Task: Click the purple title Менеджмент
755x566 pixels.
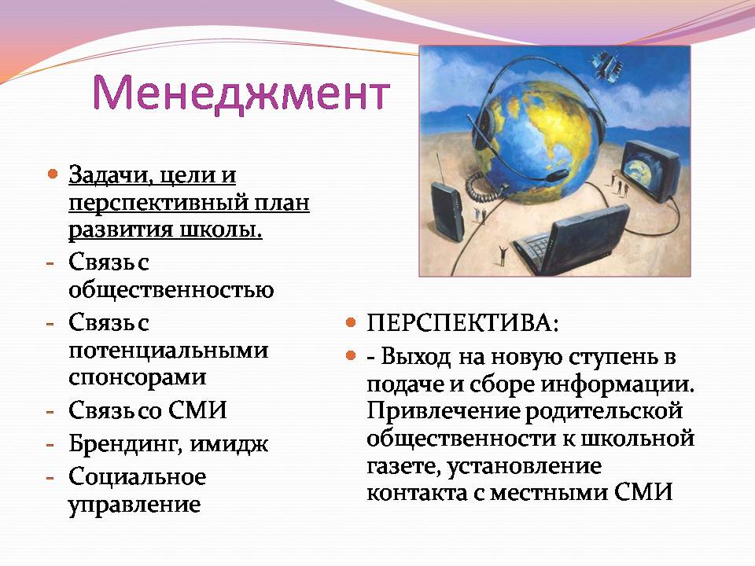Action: coord(241,93)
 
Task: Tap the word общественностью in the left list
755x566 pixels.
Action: coord(171,290)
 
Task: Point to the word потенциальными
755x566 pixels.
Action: coord(168,351)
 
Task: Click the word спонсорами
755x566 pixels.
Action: coord(137,377)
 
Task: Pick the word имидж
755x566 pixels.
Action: coord(229,444)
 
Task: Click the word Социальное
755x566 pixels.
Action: coord(137,477)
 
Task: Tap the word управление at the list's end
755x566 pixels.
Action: coord(134,505)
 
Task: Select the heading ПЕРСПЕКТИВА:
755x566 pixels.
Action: coord(462,323)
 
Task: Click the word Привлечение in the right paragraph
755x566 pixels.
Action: coord(444,411)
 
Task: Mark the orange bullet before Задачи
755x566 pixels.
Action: coord(53,174)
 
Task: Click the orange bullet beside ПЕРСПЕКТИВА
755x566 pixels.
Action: coord(351,322)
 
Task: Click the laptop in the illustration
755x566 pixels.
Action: coord(573,240)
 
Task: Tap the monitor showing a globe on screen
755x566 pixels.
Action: coord(650,171)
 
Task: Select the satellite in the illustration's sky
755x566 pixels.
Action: coord(606,65)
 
